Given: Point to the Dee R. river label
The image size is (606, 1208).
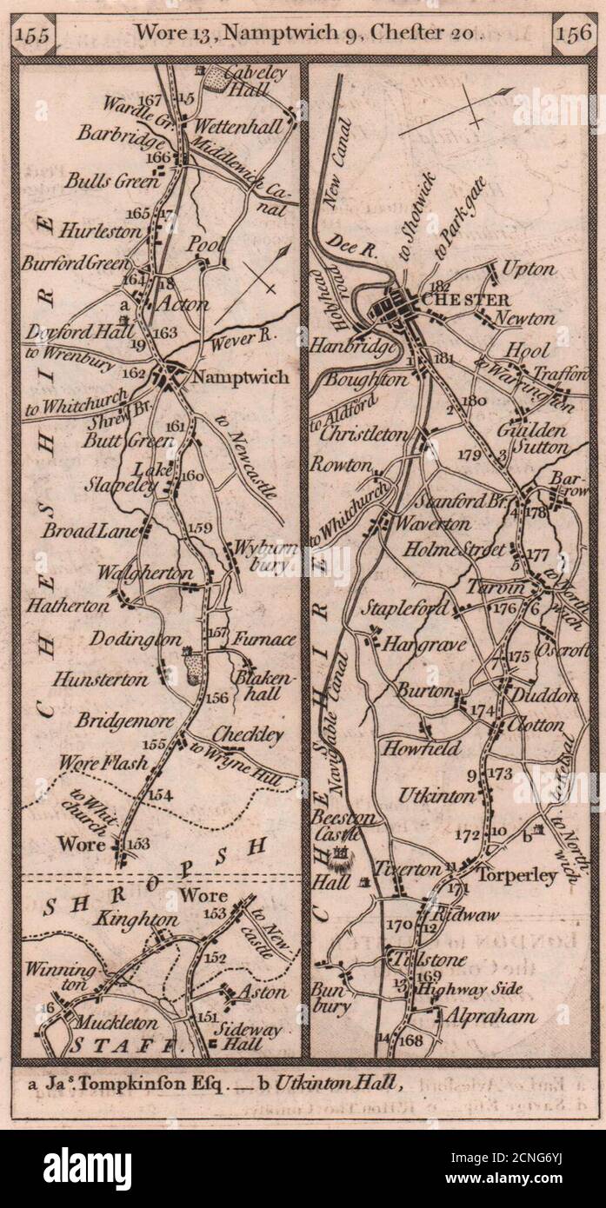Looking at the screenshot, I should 354,249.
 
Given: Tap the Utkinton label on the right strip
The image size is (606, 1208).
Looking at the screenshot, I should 436,796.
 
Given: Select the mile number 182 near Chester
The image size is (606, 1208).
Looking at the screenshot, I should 442,285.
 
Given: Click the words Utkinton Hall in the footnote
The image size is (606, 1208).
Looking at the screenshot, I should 343,1083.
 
